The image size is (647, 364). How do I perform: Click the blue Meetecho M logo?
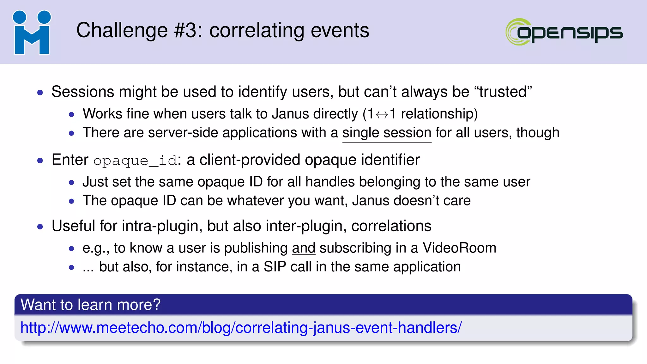(x=32, y=33)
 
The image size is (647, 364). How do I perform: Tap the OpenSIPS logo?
(x=564, y=32)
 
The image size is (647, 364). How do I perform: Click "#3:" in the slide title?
(x=188, y=30)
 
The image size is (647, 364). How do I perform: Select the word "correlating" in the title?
(x=257, y=30)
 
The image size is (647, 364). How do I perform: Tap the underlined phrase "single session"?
(x=387, y=133)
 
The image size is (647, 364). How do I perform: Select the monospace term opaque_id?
(x=135, y=161)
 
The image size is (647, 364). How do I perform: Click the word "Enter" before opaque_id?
(x=70, y=160)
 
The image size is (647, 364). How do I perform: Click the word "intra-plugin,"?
(x=162, y=226)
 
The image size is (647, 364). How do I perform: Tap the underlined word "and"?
(x=304, y=248)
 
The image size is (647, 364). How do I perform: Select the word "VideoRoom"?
(x=459, y=248)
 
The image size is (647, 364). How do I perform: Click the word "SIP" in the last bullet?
(x=275, y=267)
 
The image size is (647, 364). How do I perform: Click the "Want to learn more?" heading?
(x=91, y=305)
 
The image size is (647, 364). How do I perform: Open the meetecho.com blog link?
(x=241, y=328)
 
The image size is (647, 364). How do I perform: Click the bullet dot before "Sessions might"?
(x=40, y=93)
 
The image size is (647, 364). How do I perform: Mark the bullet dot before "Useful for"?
(x=40, y=227)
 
